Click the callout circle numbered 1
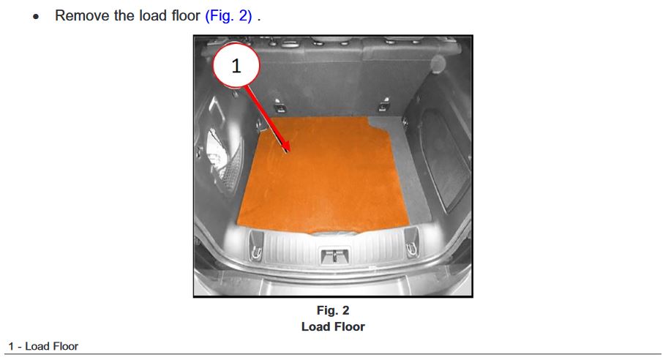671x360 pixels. [236, 66]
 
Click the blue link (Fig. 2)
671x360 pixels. [228, 16]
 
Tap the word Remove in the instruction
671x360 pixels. [82, 16]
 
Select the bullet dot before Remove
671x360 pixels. [36, 17]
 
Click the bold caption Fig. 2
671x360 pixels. [333, 310]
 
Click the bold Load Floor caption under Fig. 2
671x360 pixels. [333, 326]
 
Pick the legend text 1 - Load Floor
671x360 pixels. [43, 346]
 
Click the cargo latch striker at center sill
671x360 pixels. [334, 255]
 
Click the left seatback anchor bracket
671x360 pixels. [279, 105]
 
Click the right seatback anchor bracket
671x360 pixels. [383, 104]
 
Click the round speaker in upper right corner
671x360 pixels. [438, 64]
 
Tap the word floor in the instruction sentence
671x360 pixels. [186, 16]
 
